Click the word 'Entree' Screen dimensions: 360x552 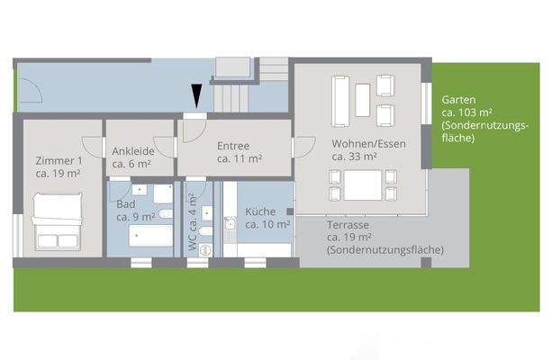pyautogui.click(x=233, y=145)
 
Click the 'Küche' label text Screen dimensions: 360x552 pyautogui.click(x=260, y=211)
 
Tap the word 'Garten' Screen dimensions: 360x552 pyautogui.click(x=458, y=100)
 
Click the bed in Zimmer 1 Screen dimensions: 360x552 pyautogui.click(x=58, y=223)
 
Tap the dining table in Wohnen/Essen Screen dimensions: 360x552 pyautogui.click(x=361, y=186)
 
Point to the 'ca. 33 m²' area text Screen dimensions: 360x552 pyautogui.click(x=353, y=157)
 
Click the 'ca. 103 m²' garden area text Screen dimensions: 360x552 pyautogui.click(x=466, y=112)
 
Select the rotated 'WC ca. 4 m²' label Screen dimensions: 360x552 pyautogui.click(x=193, y=220)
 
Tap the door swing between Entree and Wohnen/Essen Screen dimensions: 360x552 pyautogui.click(x=303, y=147)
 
